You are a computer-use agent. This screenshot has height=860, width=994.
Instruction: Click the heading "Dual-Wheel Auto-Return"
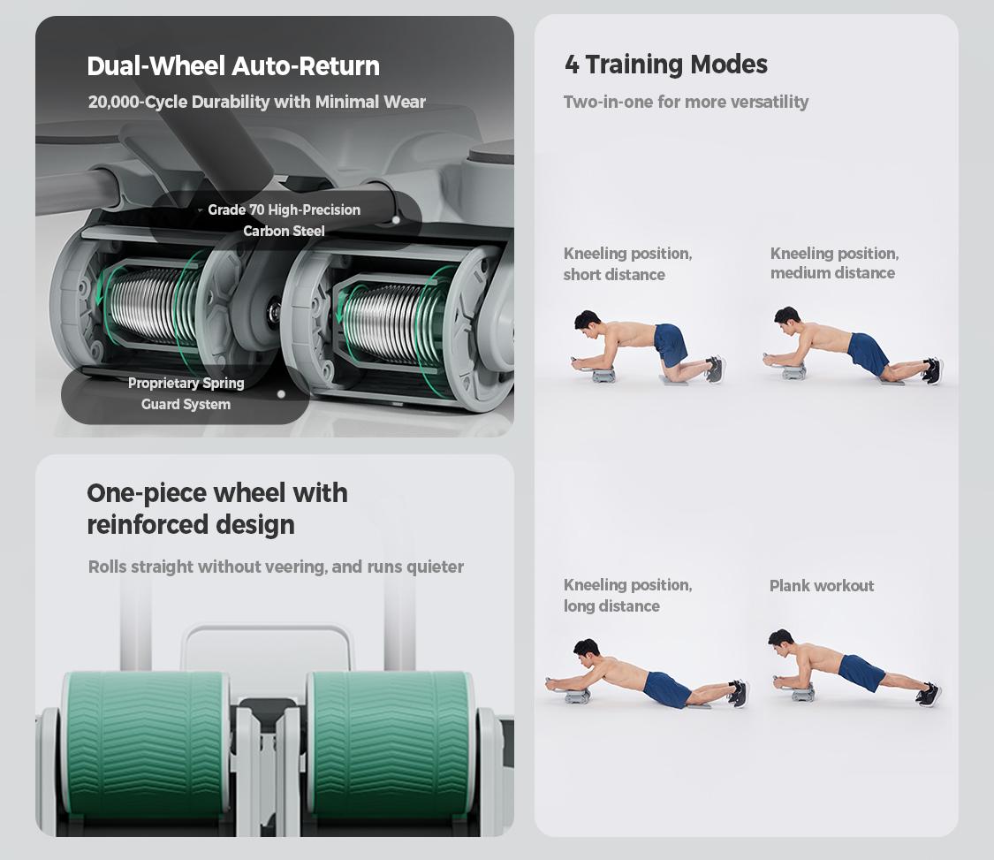click(233, 66)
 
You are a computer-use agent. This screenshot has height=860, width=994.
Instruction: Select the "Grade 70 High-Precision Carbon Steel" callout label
click(284, 220)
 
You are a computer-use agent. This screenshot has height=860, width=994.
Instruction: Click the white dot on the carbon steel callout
click(396, 220)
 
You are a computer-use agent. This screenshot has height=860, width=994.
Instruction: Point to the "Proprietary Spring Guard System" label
click(186, 393)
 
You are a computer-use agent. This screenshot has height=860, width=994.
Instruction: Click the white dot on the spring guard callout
click(281, 394)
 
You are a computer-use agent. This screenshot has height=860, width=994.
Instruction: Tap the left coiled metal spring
click(152, 306)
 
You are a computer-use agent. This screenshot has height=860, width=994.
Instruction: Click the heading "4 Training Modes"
click(665, 64)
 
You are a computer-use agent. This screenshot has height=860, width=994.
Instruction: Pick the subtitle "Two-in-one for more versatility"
click(686, 102)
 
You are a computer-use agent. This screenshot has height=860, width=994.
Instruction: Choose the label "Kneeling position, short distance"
click(627, 264)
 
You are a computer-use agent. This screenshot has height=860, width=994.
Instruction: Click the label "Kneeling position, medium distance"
click(834, 263)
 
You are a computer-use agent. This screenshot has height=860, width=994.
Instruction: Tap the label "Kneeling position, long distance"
click(627, 595)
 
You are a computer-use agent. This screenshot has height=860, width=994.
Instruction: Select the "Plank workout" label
click(822, 585)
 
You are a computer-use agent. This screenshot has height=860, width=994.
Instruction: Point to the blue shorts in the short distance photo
click(670, 342)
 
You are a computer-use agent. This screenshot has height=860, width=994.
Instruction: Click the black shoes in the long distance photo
click(739, 693)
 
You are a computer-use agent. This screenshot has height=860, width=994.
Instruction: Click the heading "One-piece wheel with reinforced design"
click(217, 508)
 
